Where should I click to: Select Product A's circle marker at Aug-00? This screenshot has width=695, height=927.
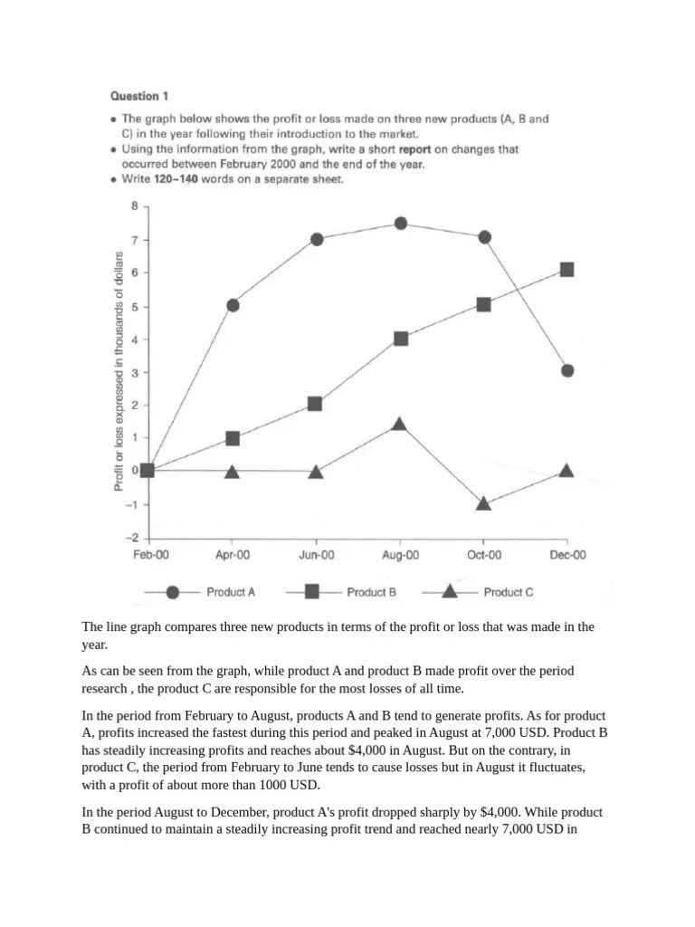pos(401,224)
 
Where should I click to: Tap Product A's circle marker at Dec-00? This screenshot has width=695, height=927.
pos(567,370)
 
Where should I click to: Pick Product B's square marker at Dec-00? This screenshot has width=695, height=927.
pos(566,270)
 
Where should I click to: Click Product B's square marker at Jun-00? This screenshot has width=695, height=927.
pos(315,404)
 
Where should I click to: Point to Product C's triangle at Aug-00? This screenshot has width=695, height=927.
pos(400,424)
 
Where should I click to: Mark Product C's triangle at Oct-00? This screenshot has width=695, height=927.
pos(483,503)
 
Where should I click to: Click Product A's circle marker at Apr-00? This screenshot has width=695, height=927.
pos(233,305)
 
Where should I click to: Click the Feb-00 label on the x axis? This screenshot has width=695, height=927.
pos(149,555)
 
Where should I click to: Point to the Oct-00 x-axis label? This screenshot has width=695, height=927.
pos(483,555)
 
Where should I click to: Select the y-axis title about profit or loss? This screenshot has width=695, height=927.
pos(119,371)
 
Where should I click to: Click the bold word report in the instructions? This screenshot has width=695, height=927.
pos(414,149)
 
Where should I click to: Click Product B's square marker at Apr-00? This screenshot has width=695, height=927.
pos(233,438)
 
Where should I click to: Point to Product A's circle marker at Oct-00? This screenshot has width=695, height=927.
pos(484,237)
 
